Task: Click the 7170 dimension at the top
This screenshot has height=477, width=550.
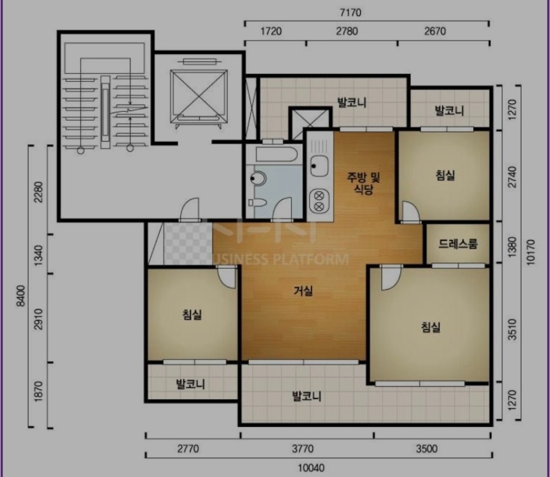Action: click(x=350, y=13)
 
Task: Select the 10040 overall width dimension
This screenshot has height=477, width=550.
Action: click(x=311, y=468)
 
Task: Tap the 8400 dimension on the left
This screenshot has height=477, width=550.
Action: click(x=21, y=296)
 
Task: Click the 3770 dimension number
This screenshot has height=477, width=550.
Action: click(x=302, y=448)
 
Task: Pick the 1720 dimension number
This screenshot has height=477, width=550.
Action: click(x=271, y=31)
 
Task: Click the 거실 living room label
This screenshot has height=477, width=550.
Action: click(x=303, y=290)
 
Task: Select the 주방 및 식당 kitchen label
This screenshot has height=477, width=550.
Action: click(x=364, y=183)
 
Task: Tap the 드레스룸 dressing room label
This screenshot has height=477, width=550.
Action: click(x=458, y=243)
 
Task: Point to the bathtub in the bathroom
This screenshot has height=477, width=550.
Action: click(x=277, y=154)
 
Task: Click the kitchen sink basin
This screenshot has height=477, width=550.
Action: click(x=319, y=166)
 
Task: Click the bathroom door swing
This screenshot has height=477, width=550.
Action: click(x=282, y=209)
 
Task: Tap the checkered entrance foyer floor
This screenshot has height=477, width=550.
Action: click(x=188, y=244)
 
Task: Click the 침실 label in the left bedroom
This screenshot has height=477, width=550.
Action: click(x=192, y=314)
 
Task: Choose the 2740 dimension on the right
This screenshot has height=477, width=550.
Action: click(x=512, y=177)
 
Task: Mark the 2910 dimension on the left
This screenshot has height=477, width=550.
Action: click(x=39, y=319)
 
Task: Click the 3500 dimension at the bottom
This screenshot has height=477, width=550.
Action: click(x=427, y=448)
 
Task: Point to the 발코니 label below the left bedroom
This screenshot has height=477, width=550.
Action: click(x=190, y=384)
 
